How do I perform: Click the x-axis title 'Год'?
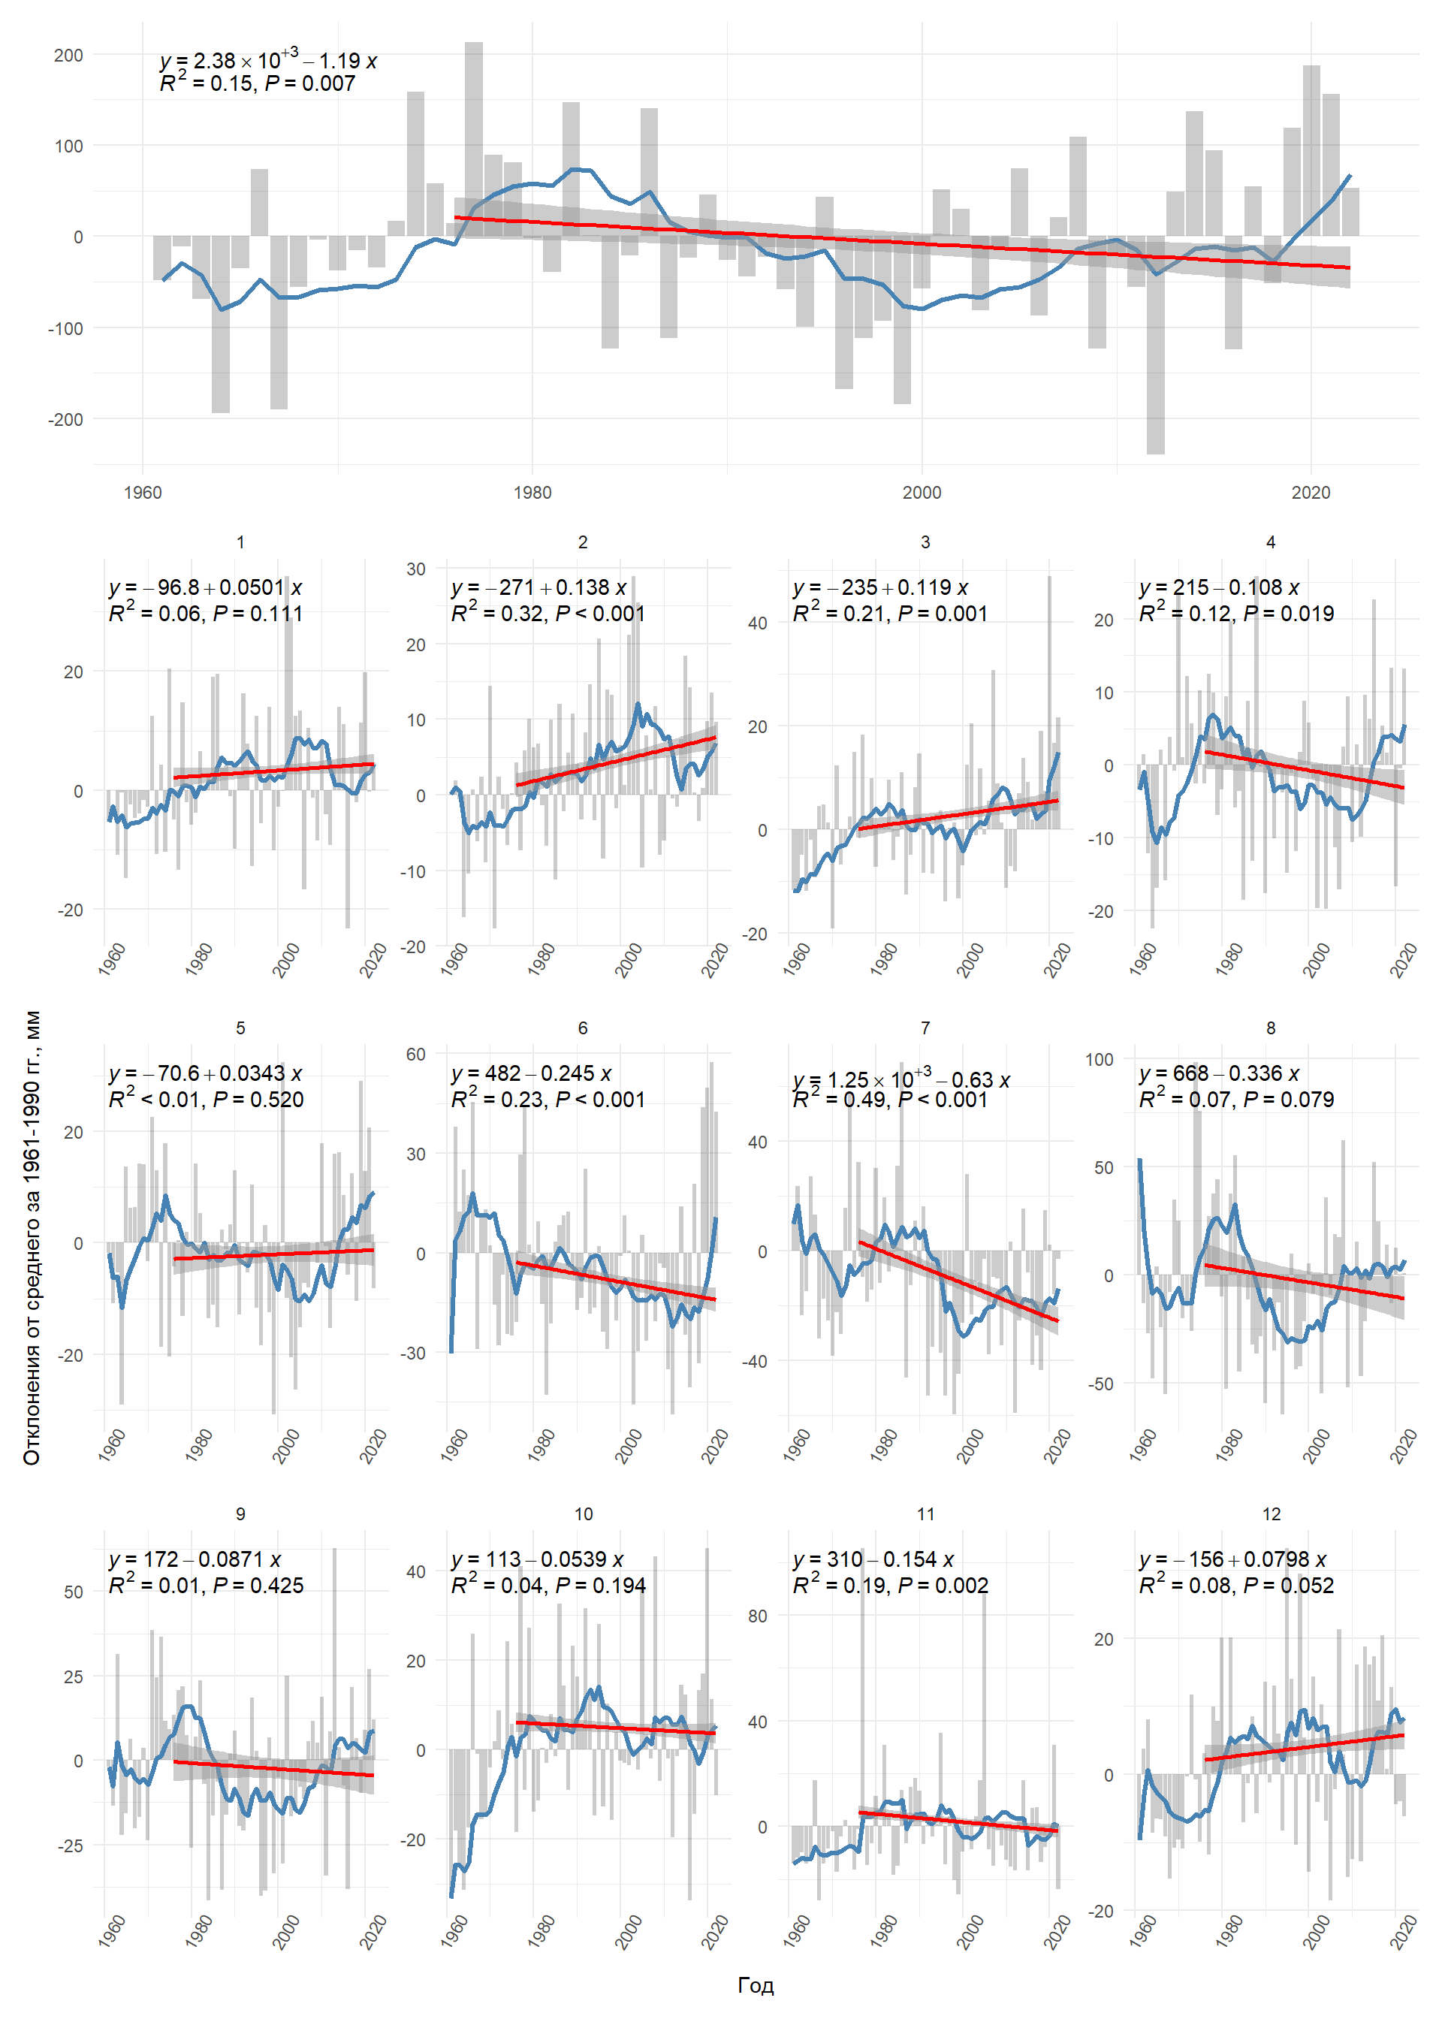pos(755,1985)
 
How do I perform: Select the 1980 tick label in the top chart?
pos(532,493)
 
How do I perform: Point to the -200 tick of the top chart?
pos(65,419)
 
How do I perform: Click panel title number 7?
pos(925,1028)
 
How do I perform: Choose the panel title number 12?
pos(1271,1513)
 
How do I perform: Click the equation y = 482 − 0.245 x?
pos(531,1073)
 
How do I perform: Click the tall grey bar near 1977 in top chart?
pos(473,133)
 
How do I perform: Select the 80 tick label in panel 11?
pos(756,1616)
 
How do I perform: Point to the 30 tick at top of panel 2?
pos(415,569)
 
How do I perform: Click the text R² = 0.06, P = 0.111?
pos(205,614)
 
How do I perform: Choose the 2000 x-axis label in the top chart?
pos(922,493)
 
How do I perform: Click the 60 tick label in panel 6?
pos(415,1054)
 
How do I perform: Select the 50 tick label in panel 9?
pos(74,1592)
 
